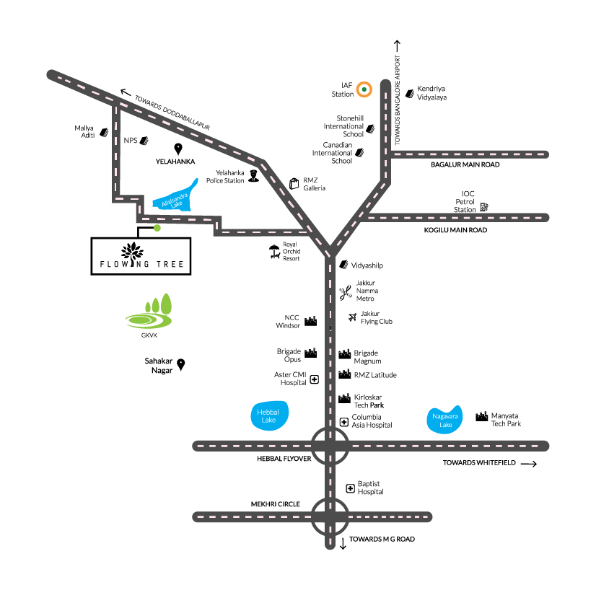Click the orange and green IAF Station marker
pyautogui.click(x=364, y=89)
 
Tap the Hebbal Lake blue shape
pyautogui.click(x=269, y=415)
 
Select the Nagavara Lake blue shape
pyautogui.click(x=444, y=420)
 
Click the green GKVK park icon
pyautogui.click(x=149, y=312)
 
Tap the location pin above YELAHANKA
pyautogui.click(x=178, y=149)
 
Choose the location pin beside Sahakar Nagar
pyautogui.click(x=181, y=365)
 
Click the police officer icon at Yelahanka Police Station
pyautogui.click(x=253, y=176)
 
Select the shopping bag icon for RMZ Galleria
pyautogui.click(x=294, y=183)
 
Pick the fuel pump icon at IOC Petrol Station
pyautogui.click(x=484, y=207)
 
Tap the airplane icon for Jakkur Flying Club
pyautogui.click(x=353, y=317)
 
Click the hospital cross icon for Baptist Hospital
pyautogui.click(x=350, y=488)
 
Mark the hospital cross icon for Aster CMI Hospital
pyautogui.click(x=315, y=379)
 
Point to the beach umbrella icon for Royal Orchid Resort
pyautogui.click(x=274, y=252)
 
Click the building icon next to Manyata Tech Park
pyautogui.click(x=481, y=416)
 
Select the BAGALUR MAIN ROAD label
pyautogui.click(x=465, y=164)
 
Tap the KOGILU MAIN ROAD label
pyautogui.click(x=455, y=230)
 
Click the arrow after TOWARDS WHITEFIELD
pyautogui.click(x=529, y=464)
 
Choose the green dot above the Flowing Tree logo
pyautogui.click(x=157, y=228)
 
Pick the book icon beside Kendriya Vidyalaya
pyautogui.click(x=410, y=94)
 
